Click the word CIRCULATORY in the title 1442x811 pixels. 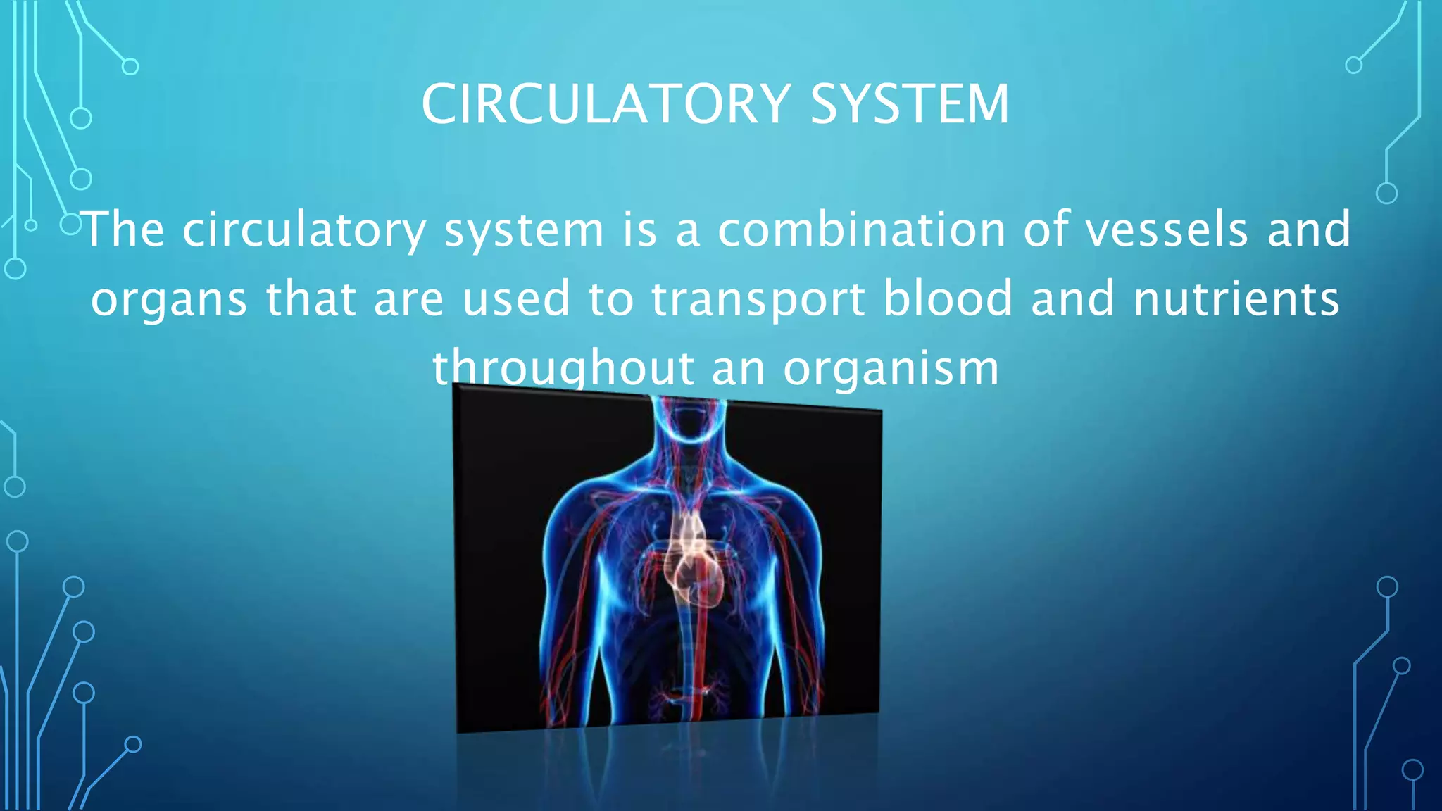[606, 104]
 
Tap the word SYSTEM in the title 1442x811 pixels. [910, 104]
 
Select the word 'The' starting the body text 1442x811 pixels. [125, 230]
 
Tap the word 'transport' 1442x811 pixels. [758, 300]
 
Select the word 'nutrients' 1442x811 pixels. [1236, 298]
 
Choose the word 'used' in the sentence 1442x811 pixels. [515, 298]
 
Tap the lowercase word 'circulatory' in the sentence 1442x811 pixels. [304, 231]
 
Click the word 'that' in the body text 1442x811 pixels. [311, 298]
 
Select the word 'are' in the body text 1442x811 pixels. [408, 300]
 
